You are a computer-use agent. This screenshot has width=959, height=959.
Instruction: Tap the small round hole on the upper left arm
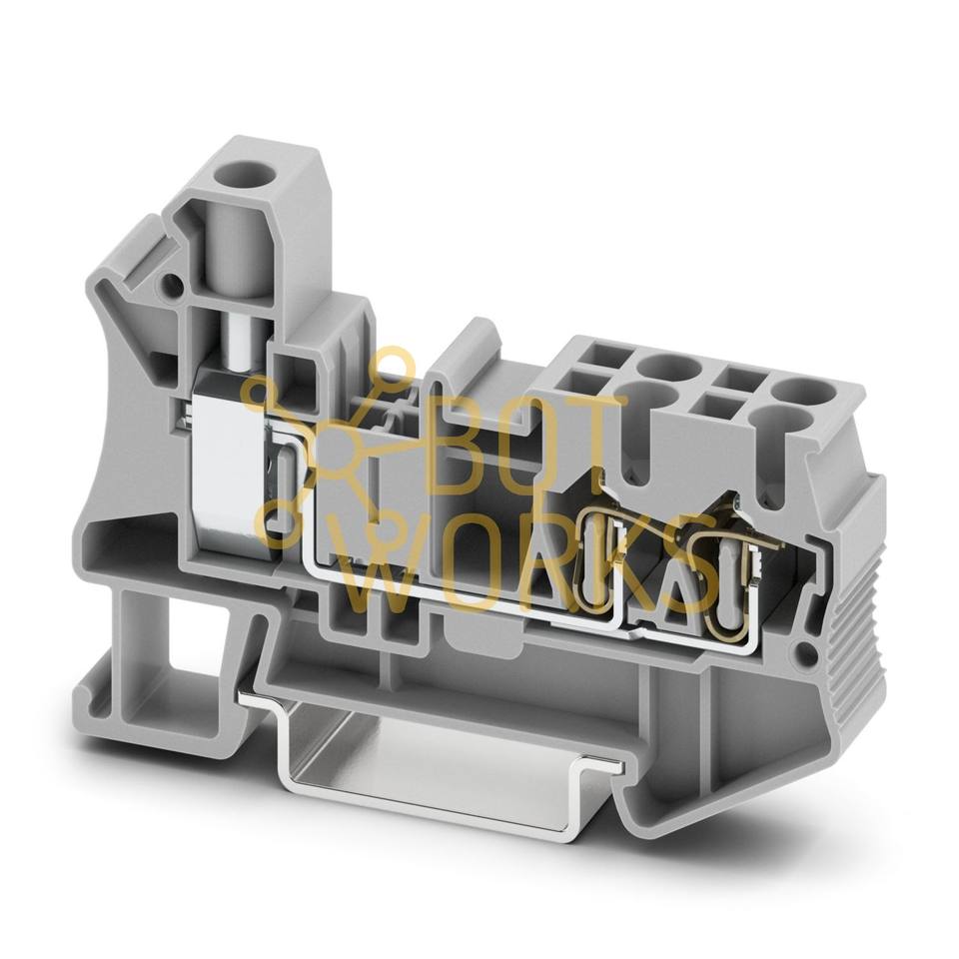171,285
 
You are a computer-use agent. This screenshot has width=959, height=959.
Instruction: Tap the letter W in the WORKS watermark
389,568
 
